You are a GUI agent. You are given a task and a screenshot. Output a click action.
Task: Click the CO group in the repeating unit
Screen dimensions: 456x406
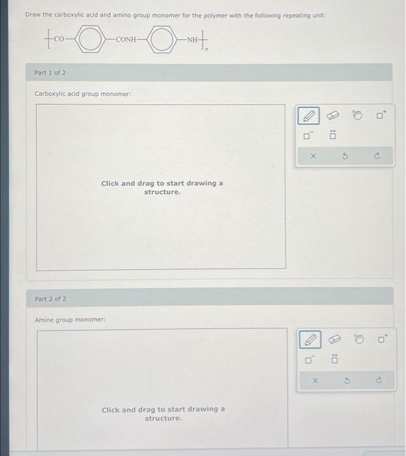click(59, 40)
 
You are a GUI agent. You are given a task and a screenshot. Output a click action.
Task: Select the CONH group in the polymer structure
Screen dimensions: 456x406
click(126, 40)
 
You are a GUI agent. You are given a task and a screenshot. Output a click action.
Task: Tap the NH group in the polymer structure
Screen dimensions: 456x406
click(192, 40)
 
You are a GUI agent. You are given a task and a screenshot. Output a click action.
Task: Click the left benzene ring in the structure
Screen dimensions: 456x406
click(91, 40)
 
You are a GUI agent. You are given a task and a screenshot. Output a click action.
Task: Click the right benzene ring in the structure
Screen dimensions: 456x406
click(160, 40)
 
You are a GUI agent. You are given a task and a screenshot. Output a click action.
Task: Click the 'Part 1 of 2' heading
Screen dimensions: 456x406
click(50, 72)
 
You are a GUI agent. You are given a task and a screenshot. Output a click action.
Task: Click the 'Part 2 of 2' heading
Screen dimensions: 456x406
click(50, 299)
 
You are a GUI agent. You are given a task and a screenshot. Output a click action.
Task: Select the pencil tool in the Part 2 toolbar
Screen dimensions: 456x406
click(311, 339)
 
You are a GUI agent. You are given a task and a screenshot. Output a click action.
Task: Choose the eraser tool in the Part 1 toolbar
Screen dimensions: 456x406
click(333, 116)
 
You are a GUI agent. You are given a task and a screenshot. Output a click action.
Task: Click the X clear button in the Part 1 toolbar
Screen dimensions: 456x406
click(312, 156)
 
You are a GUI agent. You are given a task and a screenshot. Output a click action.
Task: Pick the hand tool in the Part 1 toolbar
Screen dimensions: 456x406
click(356, 116)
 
